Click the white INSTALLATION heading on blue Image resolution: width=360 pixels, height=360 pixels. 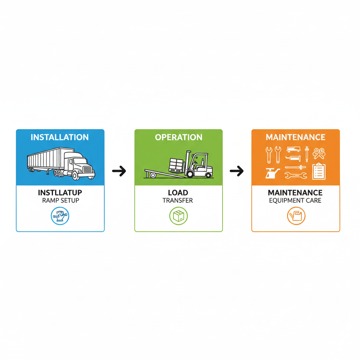(60, 137)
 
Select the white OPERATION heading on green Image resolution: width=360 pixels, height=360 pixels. (179, 137)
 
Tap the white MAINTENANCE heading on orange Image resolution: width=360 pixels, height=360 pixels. (295, 137)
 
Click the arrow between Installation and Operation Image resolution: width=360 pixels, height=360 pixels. (119, 171)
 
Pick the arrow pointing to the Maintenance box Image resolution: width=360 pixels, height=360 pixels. (237, 171)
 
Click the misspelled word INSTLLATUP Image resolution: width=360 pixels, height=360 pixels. (60, 193)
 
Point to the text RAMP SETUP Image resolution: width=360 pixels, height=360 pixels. (60, 200)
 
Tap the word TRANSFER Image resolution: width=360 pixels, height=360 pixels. (178, 201)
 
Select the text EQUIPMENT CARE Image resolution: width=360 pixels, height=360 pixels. (295, 201)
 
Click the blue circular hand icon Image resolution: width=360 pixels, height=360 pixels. (60, 216)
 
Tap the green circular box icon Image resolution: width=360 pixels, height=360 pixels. (178, 216)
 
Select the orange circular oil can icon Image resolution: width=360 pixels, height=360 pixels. (296, 216)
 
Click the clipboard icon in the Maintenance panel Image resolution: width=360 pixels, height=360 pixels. (319, 172)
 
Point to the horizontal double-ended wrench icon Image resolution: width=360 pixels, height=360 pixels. (296, 175)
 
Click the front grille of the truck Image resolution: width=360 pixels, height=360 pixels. (88, 171)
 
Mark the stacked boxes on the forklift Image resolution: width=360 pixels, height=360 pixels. (177, 165)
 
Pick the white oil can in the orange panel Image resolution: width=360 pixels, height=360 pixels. (271, 173)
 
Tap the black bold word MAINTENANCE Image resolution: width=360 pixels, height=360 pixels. (295, 193)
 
